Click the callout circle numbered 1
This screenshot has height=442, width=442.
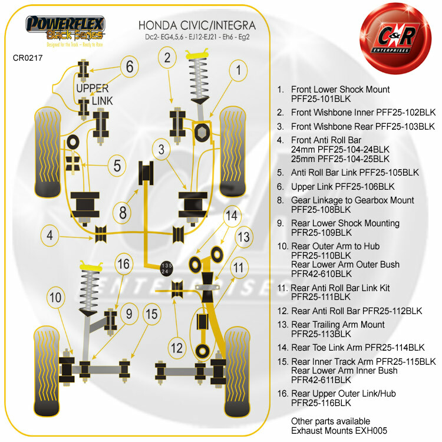pos(238,71)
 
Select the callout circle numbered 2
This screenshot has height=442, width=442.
pos(168,57)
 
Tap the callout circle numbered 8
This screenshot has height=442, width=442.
pos(123,211)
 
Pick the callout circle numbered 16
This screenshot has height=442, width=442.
pos(123,264)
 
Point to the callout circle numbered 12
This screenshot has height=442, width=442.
pos(177,348)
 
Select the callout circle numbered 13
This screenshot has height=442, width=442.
pos(243,237)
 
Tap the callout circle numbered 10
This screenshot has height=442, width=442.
pos(55,298)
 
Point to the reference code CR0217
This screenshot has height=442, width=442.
pos(28,58)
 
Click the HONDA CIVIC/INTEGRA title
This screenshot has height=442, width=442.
pos(196,26)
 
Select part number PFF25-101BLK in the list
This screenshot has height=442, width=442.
pos(322,100)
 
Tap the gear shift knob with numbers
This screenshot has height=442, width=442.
pos(166,268)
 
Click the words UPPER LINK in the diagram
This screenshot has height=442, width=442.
pos(93,94)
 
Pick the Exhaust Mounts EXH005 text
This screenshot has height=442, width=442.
pos(331,431)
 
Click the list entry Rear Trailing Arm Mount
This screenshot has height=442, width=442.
pos(338,325)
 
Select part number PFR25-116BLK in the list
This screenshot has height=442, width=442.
pos(321,403)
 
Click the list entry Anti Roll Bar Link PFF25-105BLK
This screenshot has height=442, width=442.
pos(355,173)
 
